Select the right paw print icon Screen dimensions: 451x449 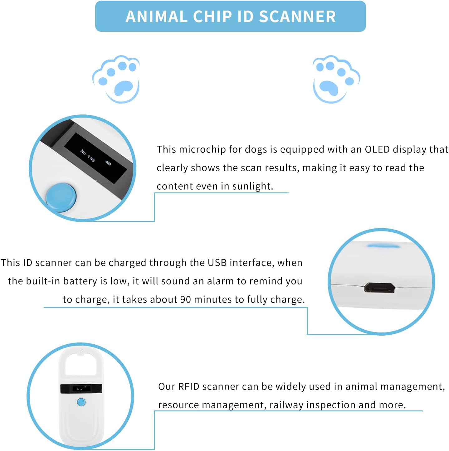point(336,79)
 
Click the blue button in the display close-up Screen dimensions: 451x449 point(61,196)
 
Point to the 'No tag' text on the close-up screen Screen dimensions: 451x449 point(87,155)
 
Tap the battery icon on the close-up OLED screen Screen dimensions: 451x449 point(108,163)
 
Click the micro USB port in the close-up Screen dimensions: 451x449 point(380,288)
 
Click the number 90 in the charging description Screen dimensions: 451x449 point(186,299)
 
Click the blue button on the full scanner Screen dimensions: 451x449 point(81,402)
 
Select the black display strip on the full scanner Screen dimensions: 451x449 point(81,389)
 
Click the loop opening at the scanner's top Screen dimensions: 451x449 point(81,365)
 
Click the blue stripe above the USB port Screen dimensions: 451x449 point(383,246)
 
